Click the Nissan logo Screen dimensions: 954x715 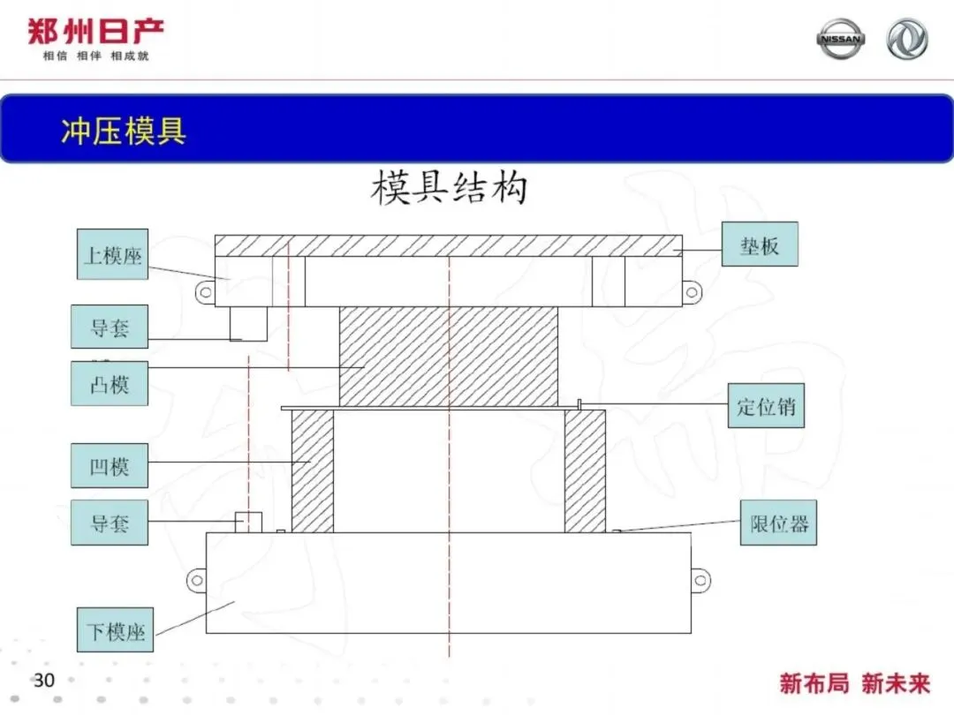(840, 39)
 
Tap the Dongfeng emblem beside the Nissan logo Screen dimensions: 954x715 (907, 39)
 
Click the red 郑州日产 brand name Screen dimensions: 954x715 (95, 32)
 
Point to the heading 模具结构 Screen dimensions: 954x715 (449, 187)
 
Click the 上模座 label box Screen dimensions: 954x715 (112, 254)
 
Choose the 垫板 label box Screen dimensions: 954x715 (760, 244)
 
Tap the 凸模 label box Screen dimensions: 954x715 (110, 384)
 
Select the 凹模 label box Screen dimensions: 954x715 (110, 466)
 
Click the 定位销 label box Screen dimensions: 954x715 (766, 405)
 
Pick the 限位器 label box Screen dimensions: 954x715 (779, 523)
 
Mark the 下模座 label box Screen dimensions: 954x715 (115, 630)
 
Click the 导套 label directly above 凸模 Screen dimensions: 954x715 (110, 327)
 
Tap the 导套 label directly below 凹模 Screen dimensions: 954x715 (110, 523)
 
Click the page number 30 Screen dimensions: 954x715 (44, 680)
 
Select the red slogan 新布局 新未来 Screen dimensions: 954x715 (855, 683)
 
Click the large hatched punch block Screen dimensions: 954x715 (449, 357)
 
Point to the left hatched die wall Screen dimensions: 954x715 (313, 471)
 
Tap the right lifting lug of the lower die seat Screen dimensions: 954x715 (700, 580)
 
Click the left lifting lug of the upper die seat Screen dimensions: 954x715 (205, 292)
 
